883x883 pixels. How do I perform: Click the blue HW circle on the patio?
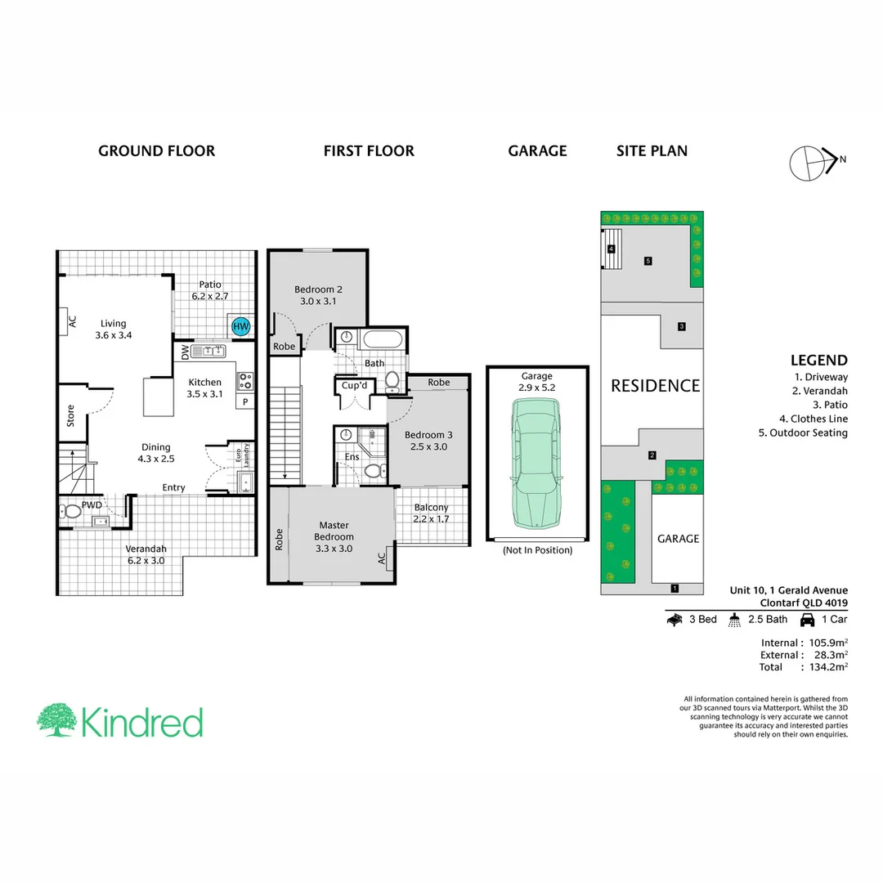(240, 326)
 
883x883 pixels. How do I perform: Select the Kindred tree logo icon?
(56, 720)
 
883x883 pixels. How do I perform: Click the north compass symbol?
(811, 160)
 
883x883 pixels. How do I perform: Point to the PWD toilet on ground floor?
(72, 512)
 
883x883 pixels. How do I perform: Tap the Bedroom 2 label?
(318, 295)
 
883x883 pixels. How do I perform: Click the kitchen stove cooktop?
(245, 380)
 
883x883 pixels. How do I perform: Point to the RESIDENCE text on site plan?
(655, 386)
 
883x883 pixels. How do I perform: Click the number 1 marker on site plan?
(674, 587)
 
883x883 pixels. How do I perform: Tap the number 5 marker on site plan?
(648, 261)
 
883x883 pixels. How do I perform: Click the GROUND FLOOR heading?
(156, 150)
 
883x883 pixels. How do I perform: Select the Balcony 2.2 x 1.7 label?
(431, 513)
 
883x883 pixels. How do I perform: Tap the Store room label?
(71, 416)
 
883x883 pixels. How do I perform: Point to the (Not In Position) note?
(537, 550)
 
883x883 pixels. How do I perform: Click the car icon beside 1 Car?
(808, 620)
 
